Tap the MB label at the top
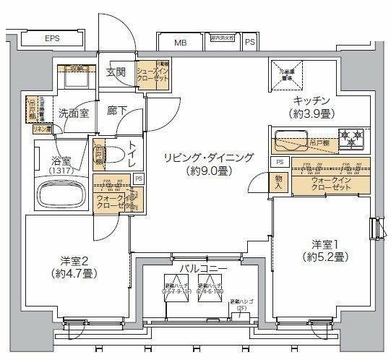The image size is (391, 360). [179, 42]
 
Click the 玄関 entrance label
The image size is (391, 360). [116, 72]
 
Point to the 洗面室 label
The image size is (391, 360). [73, 113]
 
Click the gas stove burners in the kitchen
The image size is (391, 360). [353, 135]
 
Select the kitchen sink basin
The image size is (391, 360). [291, 136]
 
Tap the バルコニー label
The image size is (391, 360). [204, 268]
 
